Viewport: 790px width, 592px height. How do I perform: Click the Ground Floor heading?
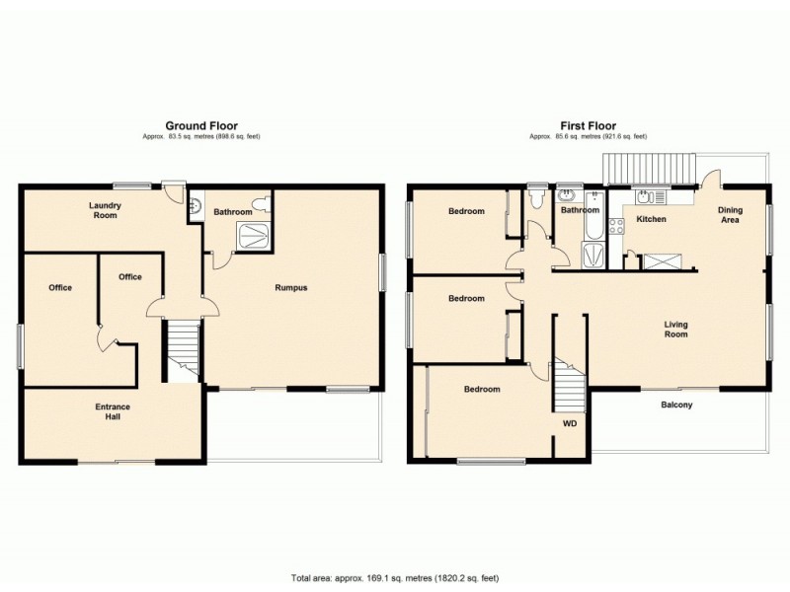tap(199, 125)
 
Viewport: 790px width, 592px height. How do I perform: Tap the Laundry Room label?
tap(104, 210)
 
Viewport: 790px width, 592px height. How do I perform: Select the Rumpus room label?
tap(291, 288)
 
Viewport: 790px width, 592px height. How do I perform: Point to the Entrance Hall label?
tap(113, 411)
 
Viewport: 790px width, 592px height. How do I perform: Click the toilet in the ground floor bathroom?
tap(261, 206)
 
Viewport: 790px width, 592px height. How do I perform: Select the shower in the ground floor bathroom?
tap(252, 234)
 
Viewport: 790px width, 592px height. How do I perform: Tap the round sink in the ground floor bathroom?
tap(196, 206)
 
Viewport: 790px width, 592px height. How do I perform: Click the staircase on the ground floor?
tap(183, 350)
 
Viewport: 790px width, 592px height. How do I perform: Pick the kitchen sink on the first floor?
tap(651, 195)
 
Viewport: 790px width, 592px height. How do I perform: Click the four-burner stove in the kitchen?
tap(616, 225)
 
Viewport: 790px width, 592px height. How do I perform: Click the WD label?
tap(570, 423)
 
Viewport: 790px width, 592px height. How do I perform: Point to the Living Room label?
tap(675, 329)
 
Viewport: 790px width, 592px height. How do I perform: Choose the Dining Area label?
tap(730, 214)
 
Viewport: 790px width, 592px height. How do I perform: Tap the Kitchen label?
tap(651, 219)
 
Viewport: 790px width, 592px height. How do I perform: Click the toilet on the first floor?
tap(536, 200)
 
